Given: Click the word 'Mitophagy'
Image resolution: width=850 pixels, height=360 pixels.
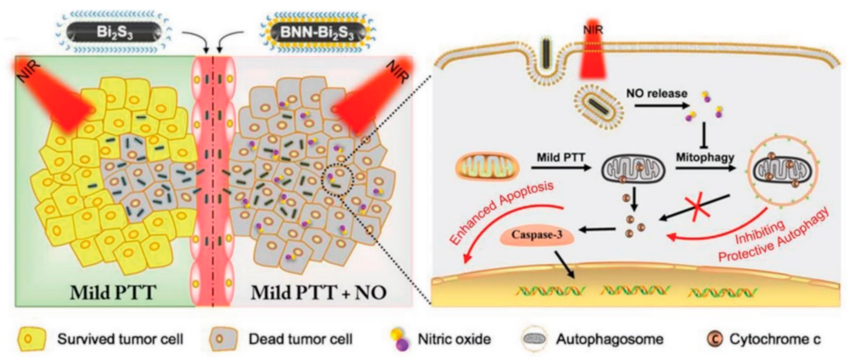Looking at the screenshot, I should point(704,156).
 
